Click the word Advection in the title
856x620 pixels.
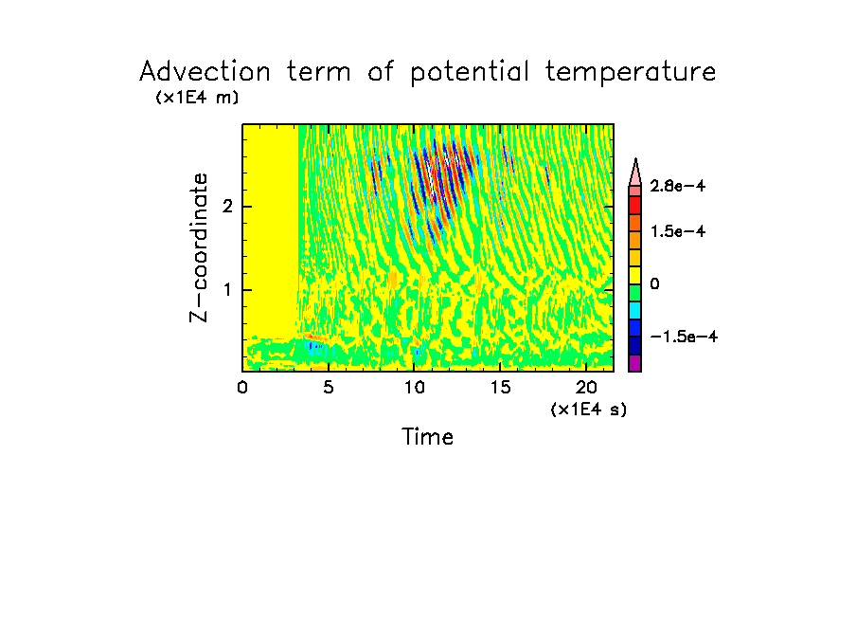point(205,72)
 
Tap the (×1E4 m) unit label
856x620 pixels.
point(197,98)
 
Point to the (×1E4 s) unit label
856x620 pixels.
point(589,410)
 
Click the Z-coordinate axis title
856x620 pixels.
point(199,247)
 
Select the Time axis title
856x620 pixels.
point(428,437)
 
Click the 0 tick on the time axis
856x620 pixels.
point(242,387)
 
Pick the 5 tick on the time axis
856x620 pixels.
point(328,387)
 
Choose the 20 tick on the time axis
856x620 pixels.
point(585,387)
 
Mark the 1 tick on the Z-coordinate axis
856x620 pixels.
point(227,290)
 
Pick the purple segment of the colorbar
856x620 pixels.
point(635,363)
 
